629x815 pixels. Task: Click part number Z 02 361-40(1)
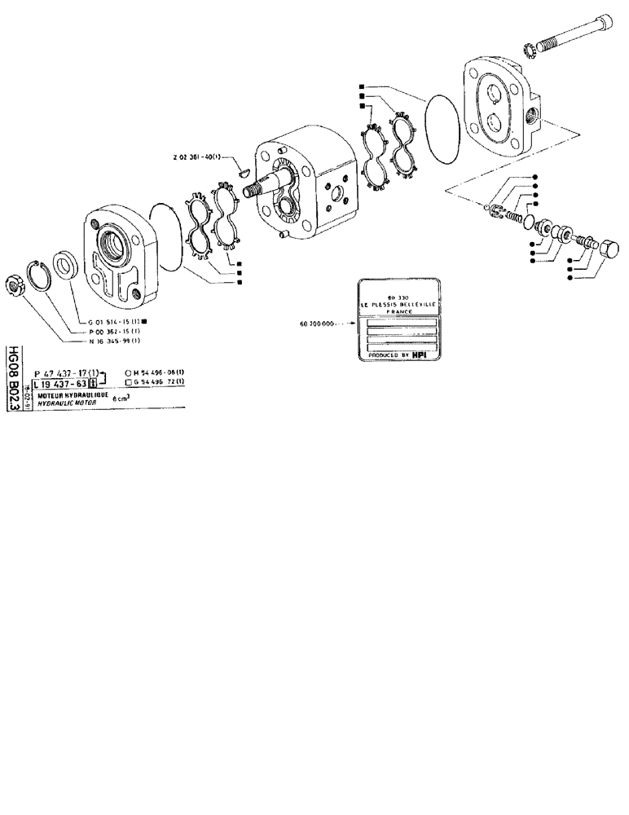coord(200,156)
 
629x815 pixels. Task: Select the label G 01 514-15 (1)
coord(117,323)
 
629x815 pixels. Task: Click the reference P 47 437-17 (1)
coord(65,372)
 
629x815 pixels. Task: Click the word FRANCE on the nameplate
coord(399,311)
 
